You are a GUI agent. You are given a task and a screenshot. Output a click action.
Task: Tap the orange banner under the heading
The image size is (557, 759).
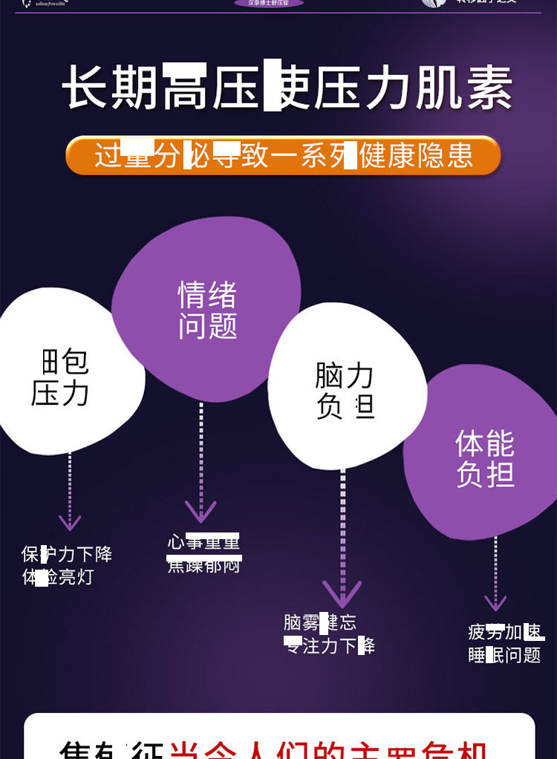point(283,156)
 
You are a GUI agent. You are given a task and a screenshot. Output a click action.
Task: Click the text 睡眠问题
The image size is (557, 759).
point(504,655)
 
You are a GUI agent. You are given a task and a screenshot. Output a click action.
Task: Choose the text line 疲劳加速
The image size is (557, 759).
point(506,632)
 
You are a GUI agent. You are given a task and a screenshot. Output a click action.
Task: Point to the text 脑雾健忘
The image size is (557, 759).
point(320,622)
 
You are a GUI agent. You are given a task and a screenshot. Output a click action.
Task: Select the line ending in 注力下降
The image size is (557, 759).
point(330,645)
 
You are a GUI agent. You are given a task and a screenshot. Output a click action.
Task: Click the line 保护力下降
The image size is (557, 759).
point(67,554)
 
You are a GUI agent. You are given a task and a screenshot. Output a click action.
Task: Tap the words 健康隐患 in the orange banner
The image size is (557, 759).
point(416,156)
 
